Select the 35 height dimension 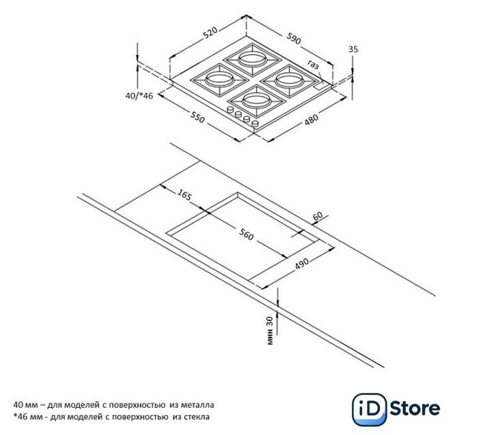tap(353, 49)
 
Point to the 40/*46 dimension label tap(139, 97)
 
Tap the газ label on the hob tap(312, 66)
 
